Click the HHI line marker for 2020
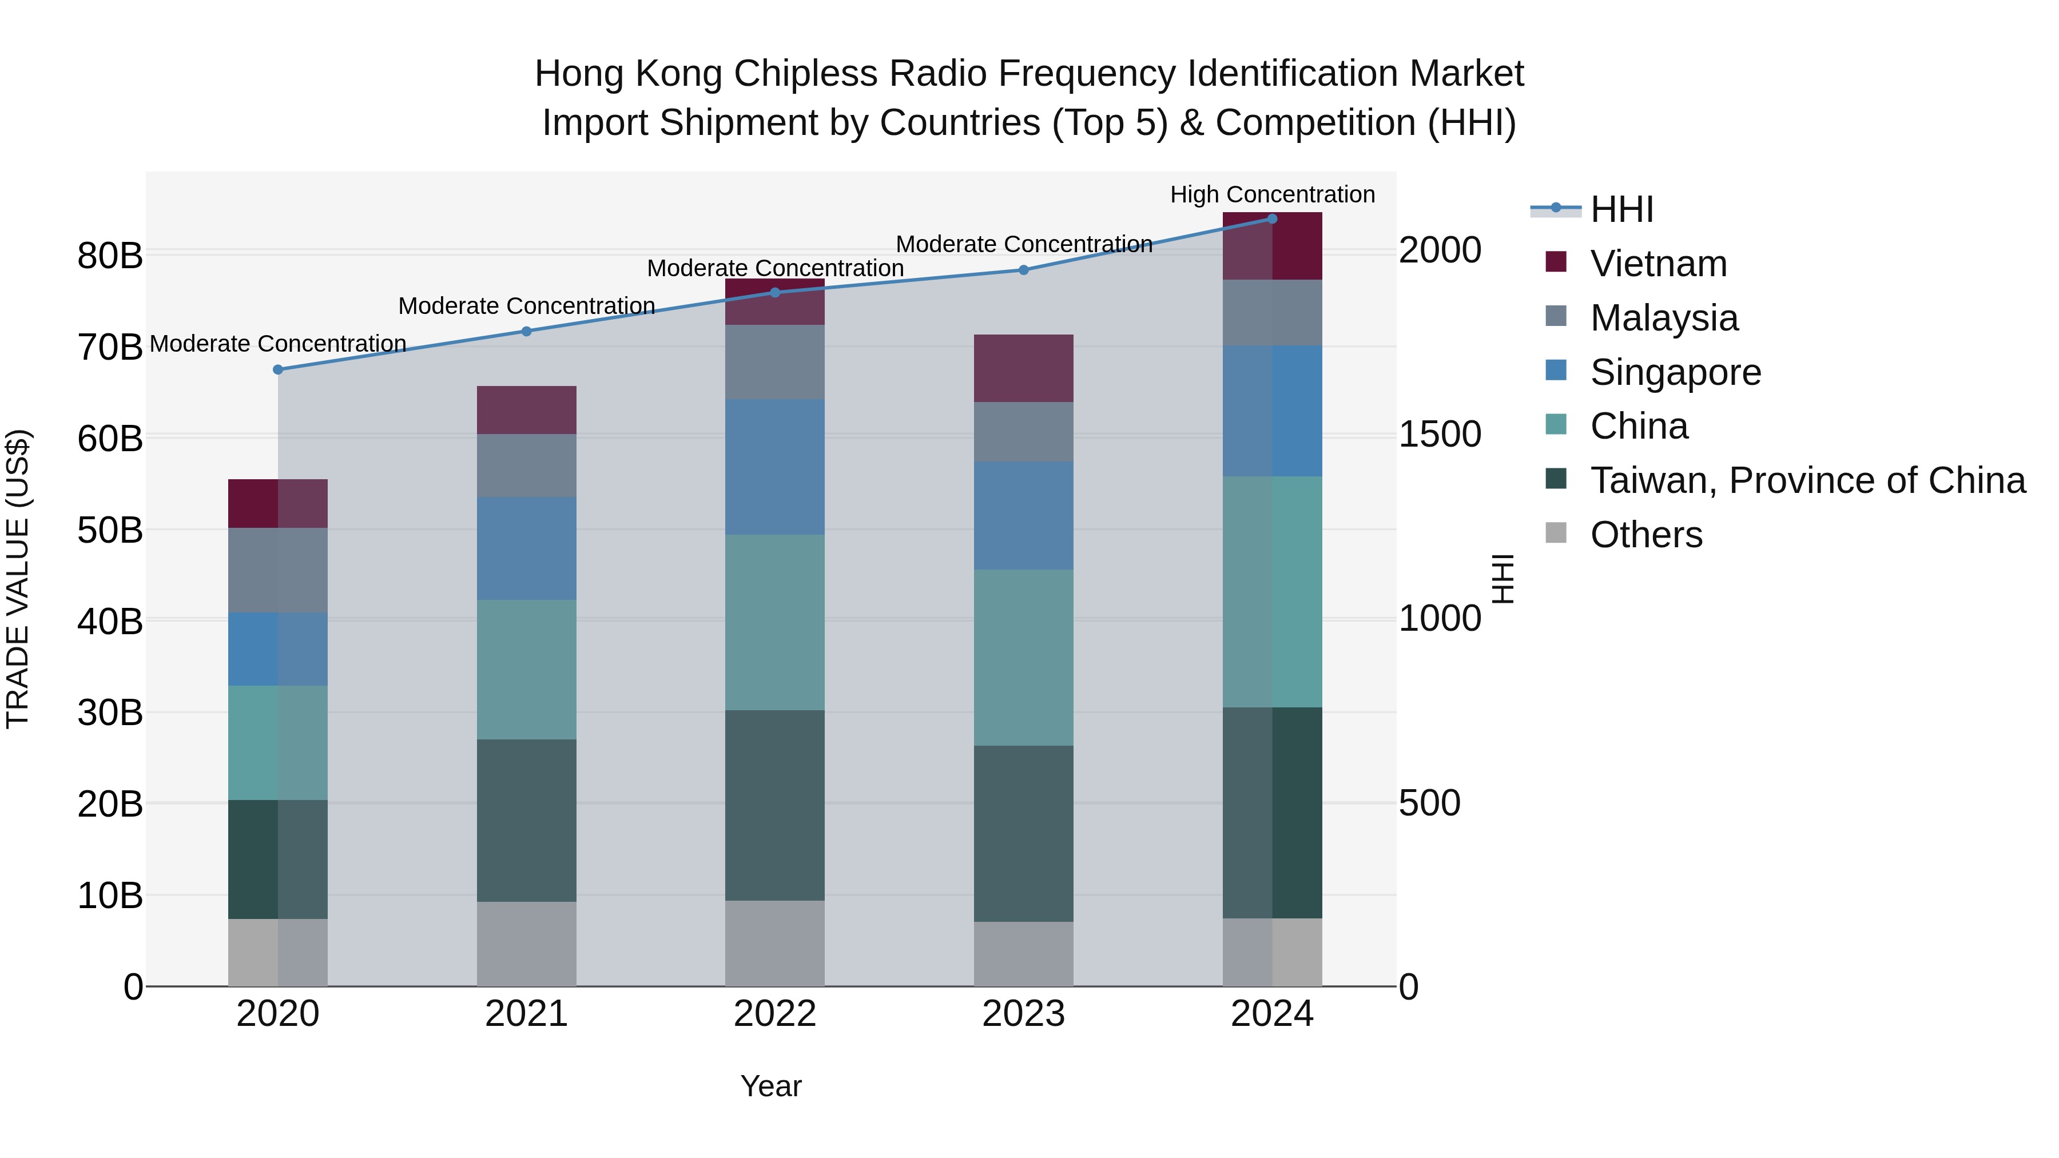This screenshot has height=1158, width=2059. (x=278, y=369)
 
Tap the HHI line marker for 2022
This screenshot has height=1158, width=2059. (x=774, y=292)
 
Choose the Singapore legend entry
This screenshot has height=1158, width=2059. (x=1675, y=372)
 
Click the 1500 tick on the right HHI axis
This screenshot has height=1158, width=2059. (x=1440, y=434)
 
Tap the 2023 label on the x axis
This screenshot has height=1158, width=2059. (x=1023, y=1014)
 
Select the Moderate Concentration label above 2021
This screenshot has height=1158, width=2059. (x=526, y=305)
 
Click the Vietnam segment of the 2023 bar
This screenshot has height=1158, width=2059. (x=1023, y=368)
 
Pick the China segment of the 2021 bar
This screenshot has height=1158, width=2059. (x=526, y=669)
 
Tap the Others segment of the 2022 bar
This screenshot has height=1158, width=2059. (x=774, y=943)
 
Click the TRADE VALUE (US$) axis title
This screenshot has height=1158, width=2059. (x=18, y=579)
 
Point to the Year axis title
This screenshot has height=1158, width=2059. (x=770, y=1086)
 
